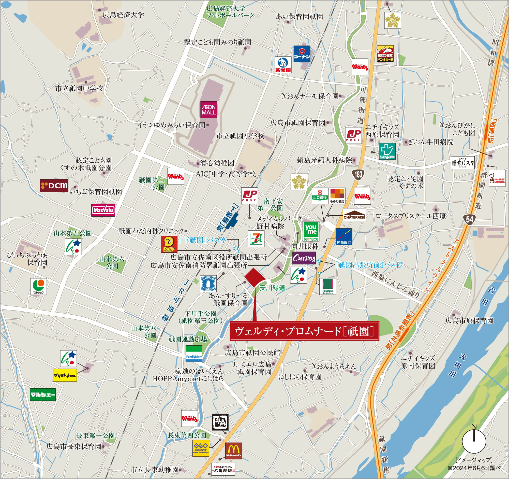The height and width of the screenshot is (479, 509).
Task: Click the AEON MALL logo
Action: (x=209, y=110)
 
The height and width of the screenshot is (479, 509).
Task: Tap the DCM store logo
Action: (x=54, y=186)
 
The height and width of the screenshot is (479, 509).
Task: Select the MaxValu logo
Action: (x=103, y=210)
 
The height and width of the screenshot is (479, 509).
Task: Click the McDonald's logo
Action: (x=233, y=451)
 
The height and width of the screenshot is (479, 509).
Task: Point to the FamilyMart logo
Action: (x=194, y=354)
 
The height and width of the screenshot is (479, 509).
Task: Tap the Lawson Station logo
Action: (x=208, y=284)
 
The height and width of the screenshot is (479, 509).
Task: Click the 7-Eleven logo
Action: (x=256, y=238)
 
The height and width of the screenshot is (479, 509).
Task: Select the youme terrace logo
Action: (x=311, y=232)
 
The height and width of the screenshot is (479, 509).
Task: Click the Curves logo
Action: (x=304, y=258)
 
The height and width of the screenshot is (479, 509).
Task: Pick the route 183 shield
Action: (x=358, y=175)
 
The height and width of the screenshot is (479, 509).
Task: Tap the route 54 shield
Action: (x=470, y=219)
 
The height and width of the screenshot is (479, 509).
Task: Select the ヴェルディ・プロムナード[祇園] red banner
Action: (x=304, y=331)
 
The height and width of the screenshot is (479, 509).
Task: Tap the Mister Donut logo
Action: (x=497, y=178)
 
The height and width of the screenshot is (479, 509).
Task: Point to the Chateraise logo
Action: (x=354, y=215)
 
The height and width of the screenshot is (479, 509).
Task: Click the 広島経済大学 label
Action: (x=123, y=15)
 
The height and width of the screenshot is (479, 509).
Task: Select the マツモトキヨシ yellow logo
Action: (x=65, y=375)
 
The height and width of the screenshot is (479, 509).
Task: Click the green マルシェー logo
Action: (x=43, y=395)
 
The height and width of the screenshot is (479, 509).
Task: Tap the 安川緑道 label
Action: (x=272, y=288)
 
